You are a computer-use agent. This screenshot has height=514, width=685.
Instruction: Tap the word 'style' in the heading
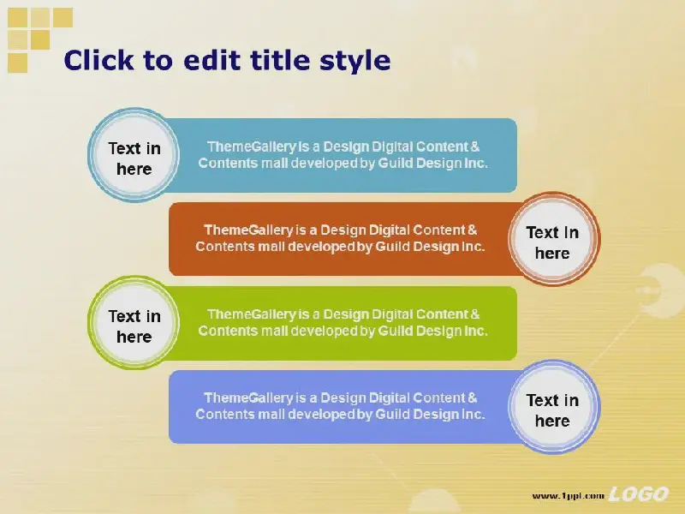[354, 62]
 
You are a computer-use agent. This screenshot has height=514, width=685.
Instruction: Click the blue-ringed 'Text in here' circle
[134, 155]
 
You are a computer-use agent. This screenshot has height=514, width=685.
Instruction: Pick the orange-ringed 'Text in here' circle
[553, 239]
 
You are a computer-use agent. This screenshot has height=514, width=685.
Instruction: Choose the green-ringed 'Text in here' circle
[134, 323]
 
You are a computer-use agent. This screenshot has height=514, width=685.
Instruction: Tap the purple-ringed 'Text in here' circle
[553, 407]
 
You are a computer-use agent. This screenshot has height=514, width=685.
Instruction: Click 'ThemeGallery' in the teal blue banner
[252, 146]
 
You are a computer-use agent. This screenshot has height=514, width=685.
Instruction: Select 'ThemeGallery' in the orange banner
[248, 230]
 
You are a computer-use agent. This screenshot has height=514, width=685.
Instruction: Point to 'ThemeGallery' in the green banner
[252, 314]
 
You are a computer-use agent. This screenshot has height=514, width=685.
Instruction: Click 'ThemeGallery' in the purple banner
[248, 398]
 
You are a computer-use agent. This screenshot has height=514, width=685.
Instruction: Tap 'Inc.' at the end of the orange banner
[474, 247]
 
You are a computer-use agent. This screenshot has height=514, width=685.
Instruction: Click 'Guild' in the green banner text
[395, 331]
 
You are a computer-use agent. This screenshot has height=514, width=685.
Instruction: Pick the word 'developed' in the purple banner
[320, 415]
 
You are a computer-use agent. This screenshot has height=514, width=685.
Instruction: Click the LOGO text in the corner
[638, 494]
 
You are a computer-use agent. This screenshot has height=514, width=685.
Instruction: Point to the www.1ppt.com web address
[568, 496]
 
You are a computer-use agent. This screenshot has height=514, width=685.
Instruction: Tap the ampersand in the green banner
[475, 314]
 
